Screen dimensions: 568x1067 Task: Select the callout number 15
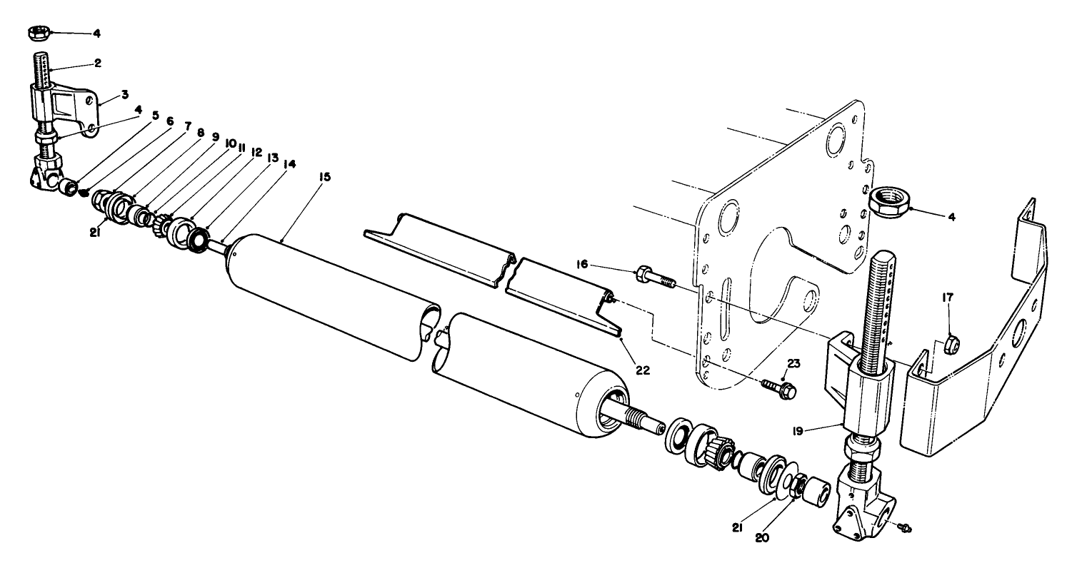pyautogui.click(x=325, y=176)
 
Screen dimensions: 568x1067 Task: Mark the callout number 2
pyautogui.click(x=97, y=63)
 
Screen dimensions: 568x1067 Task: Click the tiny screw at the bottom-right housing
pyautogui.click(x=906, y=528)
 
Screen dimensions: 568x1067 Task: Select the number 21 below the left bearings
pyautogui.click(x=94, y=230)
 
